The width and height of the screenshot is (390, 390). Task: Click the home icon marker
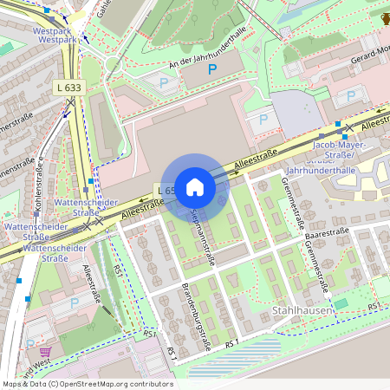point(195,186)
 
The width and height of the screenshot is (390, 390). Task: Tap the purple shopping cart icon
point(45,352)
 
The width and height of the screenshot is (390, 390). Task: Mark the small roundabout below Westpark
point(112,63)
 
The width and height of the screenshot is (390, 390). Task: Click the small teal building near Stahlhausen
point(341,303)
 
